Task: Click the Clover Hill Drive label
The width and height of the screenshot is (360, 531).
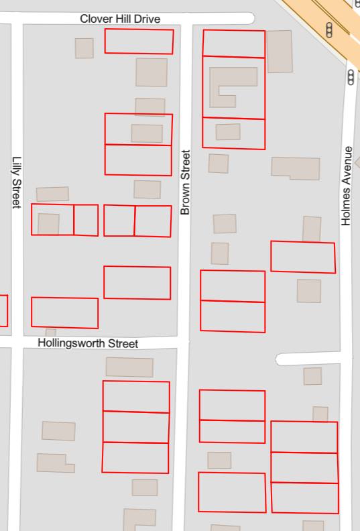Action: click(x=120, y=19)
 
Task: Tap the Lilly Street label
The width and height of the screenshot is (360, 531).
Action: click(x=17, y=183)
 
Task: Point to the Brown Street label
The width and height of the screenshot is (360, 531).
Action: click(x=186, y=182)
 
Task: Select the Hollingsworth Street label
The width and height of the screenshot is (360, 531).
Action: click(x=88, y=343)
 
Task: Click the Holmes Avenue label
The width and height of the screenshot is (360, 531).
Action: click(x=347, y=185)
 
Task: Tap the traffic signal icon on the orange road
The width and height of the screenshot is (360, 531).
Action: click(x=329, y=29)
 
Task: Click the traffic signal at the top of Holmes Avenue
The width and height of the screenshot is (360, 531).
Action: click(x=351, y=78)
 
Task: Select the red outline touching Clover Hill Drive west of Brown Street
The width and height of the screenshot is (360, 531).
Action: click(x=139, y=42)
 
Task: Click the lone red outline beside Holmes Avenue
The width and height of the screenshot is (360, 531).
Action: click(x=302, y=257)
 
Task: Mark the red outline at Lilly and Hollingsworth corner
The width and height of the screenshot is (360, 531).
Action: click(x=64, y=312)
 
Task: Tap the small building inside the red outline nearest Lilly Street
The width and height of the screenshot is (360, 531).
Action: click(x=48, y=223)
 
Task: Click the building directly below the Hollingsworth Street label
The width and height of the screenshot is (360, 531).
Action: click(x=129, y=367)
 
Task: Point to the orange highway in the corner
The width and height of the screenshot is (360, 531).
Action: click(x=328, y=20)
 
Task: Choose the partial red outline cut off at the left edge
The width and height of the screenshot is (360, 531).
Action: click(x=3, y=310)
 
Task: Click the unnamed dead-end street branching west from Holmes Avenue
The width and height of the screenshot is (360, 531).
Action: click(x=308, y=359)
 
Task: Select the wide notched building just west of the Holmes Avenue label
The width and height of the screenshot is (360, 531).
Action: click(x=295, y=168)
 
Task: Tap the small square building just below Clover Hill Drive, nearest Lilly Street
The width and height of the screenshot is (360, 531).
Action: click(x=84, y=48)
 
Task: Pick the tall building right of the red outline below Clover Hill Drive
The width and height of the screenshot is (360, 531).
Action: click(x=280, y=51)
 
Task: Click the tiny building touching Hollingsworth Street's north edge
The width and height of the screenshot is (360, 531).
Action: click(x=51, y=332)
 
